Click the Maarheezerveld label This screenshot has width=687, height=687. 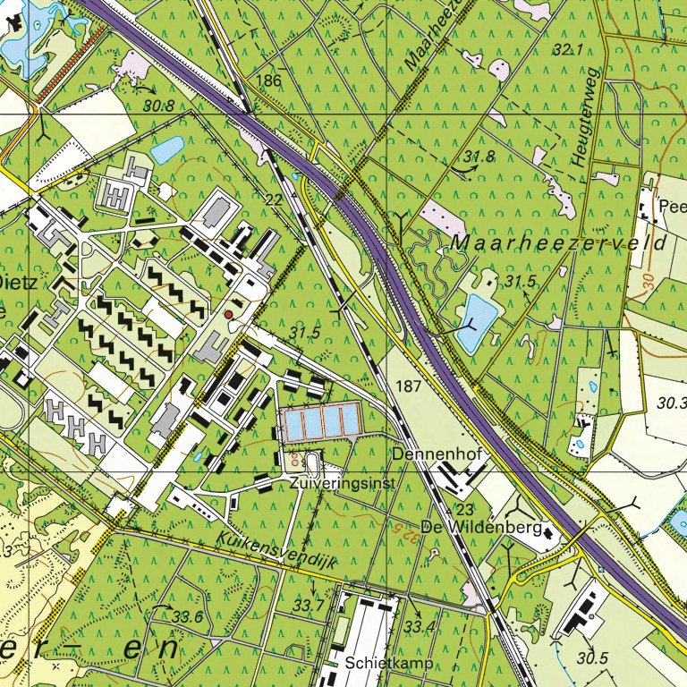[559, 243]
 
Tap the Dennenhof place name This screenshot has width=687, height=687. [437, 455]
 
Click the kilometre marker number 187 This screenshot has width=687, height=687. [407, 386]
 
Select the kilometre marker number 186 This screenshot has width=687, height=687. [268, 81]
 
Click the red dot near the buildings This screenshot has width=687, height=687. [228, 315]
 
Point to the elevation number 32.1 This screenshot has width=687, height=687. [567, 50]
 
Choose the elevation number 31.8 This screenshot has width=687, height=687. [479, 157]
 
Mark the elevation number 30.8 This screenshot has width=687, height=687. [157, 106]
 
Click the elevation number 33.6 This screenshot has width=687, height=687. [187, 617]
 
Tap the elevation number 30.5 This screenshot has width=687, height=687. [592, 658]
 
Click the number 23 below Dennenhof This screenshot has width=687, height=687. [463, 508]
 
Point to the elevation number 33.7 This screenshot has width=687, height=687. [309, 606]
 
